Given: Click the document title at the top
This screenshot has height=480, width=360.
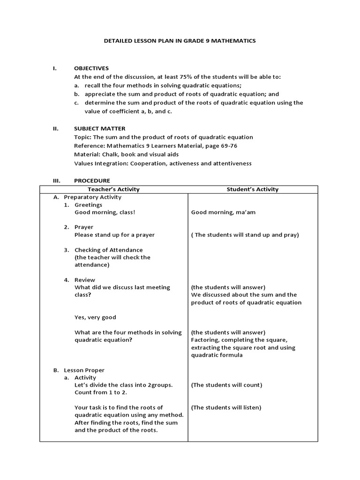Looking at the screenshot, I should click(x=180, y=41).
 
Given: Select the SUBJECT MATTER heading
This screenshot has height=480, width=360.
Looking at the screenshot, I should click(x=99, y=128).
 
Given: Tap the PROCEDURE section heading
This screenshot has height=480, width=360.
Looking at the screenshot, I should click(x=92, y=181).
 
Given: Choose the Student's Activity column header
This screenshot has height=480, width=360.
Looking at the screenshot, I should click(x=252, y=189).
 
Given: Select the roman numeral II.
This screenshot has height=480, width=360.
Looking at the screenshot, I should click(x=55, y=128).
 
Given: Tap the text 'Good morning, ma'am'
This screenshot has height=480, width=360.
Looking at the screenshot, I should click(x=223, y=212).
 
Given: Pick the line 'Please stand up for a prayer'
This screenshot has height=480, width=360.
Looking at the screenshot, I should click(x=114, y=235).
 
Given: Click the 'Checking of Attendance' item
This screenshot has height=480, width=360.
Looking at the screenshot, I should click(x=108, y=250).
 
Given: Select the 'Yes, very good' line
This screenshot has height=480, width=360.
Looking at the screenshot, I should click(x=95, y=317).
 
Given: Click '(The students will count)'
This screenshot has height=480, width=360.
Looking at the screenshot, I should click(x=226, y=385).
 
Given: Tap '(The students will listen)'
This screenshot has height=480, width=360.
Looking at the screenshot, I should click(x=226, y=408).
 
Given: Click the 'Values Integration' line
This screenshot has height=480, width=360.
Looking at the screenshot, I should click(x=163, y=164).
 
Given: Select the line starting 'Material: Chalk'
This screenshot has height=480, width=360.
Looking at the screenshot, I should click(x=126, y=155).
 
